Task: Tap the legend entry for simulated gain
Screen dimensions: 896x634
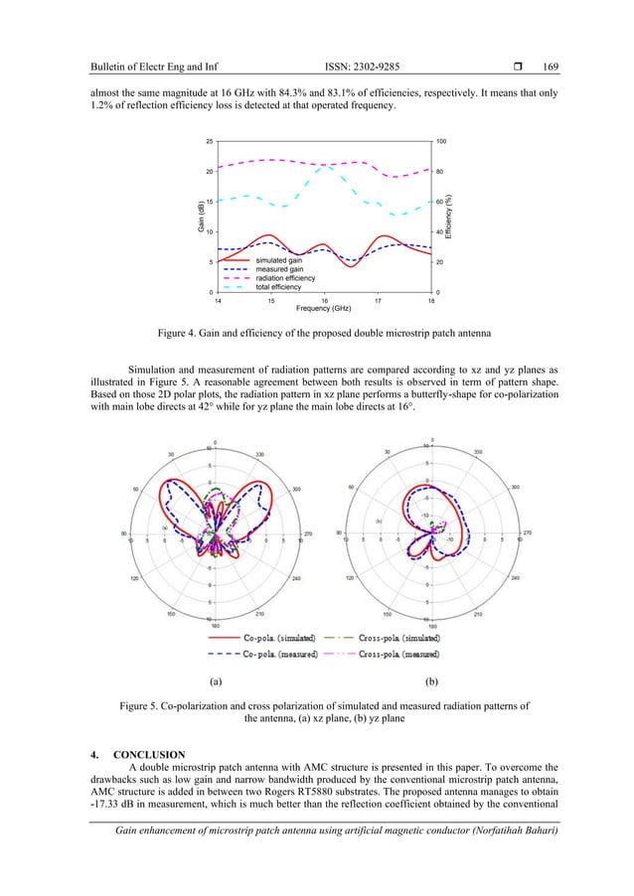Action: pos(279,260)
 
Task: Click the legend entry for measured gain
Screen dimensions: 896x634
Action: pos(279,269)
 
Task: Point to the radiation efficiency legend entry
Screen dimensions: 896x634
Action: pos(284,278)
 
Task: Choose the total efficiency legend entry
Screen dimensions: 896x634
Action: pos(279,287)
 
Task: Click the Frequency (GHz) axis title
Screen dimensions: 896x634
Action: pos(321,308)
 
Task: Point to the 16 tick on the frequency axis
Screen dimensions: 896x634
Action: pos(324,299)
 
